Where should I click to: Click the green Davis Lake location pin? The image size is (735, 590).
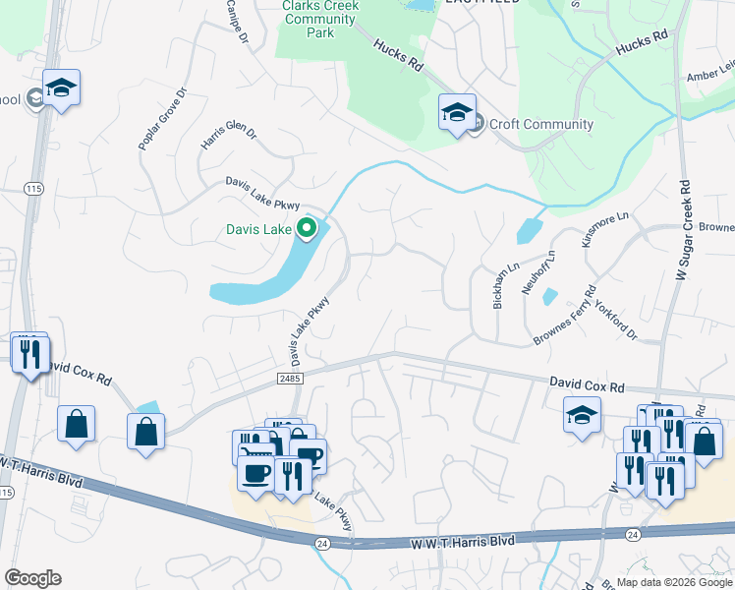point(307,229)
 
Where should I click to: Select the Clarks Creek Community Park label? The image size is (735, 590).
point(320,20)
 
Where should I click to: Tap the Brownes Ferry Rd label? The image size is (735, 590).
point(566,317)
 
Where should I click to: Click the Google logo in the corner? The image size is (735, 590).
point(32,578)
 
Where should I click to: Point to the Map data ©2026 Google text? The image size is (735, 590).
point(674,582)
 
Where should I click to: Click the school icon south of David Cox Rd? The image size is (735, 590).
point(582,414)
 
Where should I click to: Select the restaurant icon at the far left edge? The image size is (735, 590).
point(30,351)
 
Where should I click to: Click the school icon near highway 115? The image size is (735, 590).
point(61,88)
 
